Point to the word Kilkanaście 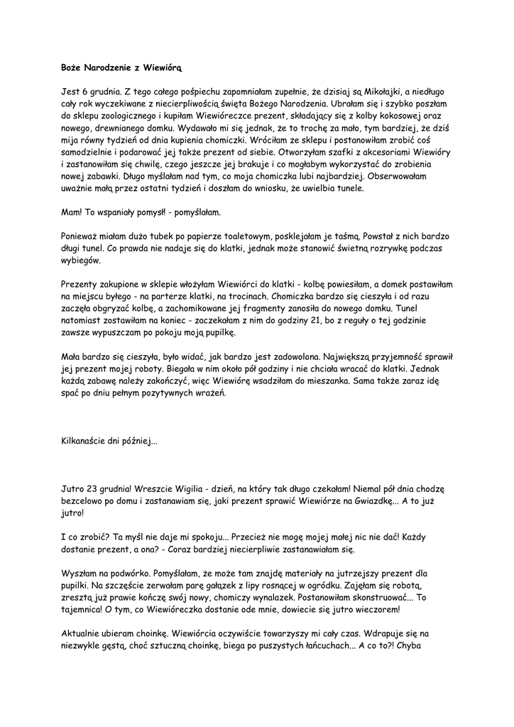point(86,442)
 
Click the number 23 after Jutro point(92,489)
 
